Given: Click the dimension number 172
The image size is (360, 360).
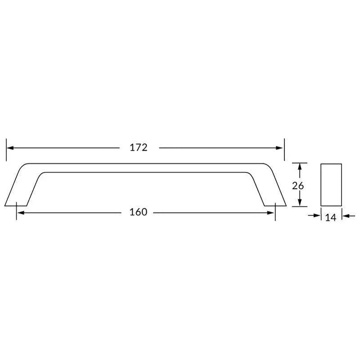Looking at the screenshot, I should (139, 148).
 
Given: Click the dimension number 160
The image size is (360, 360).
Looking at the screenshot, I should (138, 212).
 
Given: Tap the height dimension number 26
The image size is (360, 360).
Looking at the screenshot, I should (298, 185).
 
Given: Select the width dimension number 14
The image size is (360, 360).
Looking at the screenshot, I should (330, 217).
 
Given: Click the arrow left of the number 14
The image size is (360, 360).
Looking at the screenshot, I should (315, 216).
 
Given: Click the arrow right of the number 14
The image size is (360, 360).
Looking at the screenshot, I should (346, 216).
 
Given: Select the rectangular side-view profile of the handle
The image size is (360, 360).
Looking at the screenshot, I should (331, 185).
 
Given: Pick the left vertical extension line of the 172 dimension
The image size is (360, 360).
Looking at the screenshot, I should (6, 149).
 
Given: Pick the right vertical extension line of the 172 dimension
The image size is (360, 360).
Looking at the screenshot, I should (284, 149).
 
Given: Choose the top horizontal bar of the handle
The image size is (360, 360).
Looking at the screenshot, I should (144, 167).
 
